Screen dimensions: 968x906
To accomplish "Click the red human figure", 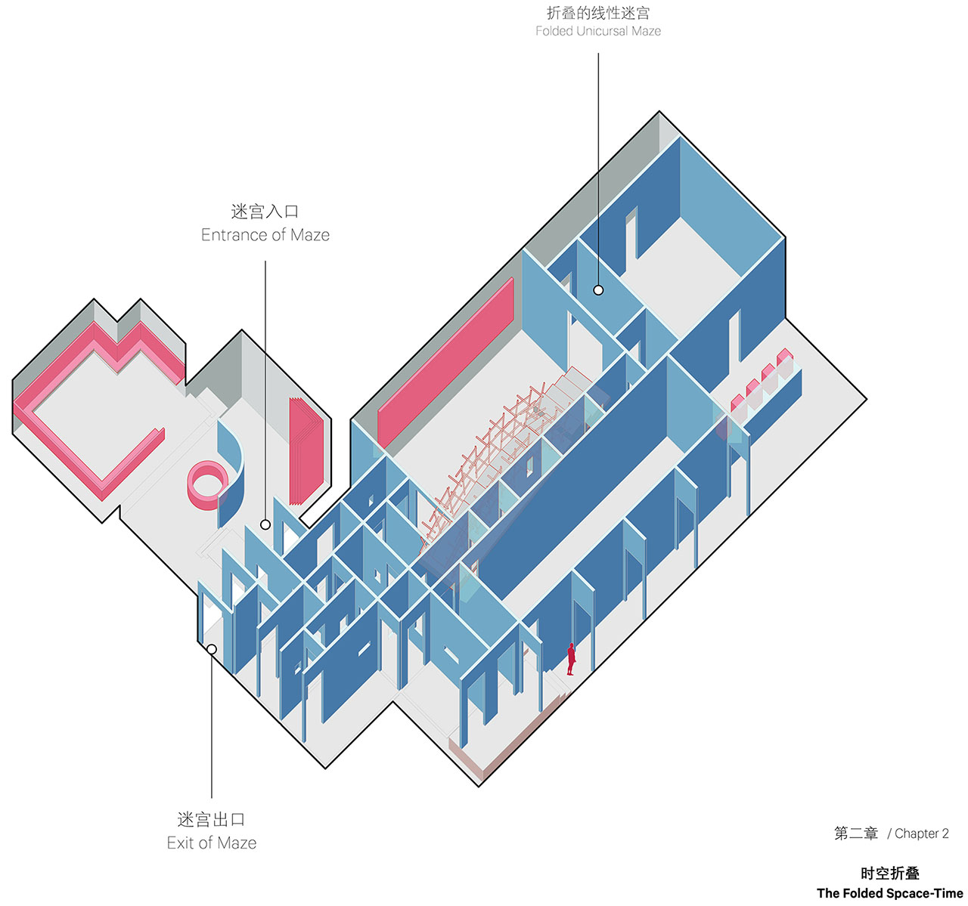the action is [571, 659].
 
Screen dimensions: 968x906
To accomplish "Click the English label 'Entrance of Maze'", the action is [265, 235].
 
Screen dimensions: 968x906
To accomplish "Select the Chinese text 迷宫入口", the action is [265, 212].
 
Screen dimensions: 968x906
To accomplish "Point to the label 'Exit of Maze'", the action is [212, 843].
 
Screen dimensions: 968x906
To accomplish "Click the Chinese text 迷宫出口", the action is [211, 819].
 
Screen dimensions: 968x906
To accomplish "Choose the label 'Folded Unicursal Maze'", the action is [598, 31].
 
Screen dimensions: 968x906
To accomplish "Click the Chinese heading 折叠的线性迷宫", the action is [598, 12].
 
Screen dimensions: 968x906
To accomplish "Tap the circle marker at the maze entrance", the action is [265, 524].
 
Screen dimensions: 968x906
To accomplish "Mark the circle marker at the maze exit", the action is [212, 649].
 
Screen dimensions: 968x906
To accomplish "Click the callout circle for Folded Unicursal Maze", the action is [598, 290].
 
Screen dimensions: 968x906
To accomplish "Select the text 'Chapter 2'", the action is [922, 833].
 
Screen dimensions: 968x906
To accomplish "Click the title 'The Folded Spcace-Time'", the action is [890, 893].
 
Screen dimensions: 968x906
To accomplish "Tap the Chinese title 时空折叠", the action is [890, 874].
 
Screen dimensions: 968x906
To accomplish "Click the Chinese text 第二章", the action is [856, 833].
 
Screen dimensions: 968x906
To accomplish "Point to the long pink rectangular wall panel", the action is [445, 363].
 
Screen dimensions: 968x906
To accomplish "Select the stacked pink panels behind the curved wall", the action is [306, 450].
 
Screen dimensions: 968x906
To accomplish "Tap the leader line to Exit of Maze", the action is [212, 726].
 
